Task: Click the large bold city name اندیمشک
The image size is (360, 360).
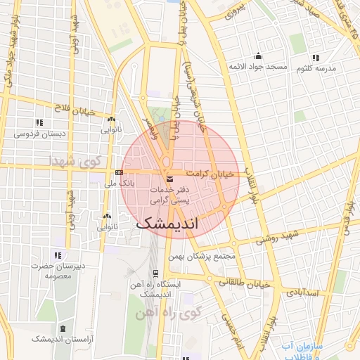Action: pos(166,223)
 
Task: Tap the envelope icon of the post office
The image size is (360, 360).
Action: pos(169,179)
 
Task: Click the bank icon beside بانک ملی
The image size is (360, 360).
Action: pos(119,172)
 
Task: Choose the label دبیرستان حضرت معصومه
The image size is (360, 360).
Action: pos(60,271)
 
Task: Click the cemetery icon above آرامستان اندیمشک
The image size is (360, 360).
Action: pos(64,328)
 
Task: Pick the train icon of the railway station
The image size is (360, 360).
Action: pos(155,274)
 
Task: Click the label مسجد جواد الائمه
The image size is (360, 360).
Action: pos(258,66)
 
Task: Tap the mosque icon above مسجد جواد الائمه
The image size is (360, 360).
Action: pos(259,56)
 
